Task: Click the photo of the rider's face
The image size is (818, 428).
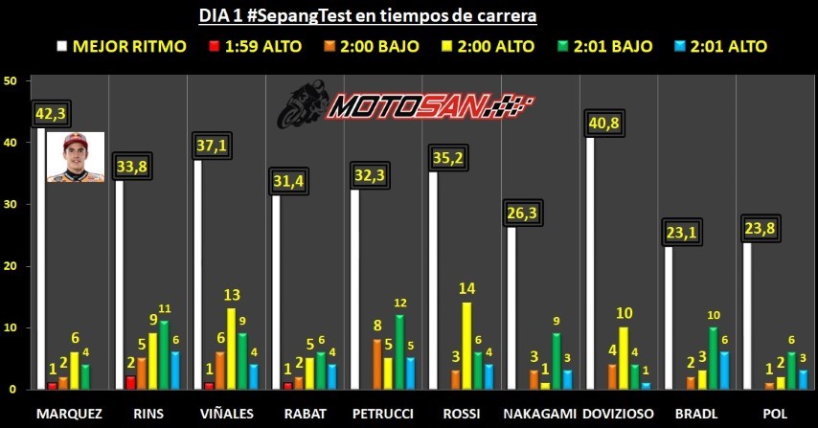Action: [75, 157]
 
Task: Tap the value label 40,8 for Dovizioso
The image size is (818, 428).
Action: [605, 123]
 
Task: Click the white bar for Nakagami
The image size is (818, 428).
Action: [511, 307]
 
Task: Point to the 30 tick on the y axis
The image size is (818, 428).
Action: [11, 204]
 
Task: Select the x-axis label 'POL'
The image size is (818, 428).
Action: [774, 412]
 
